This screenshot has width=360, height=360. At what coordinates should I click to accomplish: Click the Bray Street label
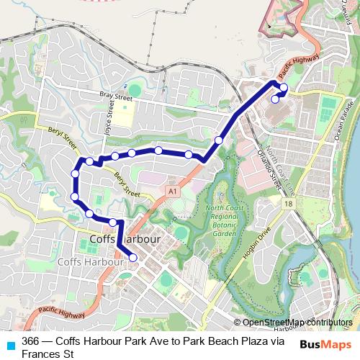[116, 96]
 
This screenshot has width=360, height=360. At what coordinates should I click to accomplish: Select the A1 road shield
[172, 192]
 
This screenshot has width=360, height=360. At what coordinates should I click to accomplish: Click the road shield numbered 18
[288, 204]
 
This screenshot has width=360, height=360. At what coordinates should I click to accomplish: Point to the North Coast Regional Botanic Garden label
[220, 220]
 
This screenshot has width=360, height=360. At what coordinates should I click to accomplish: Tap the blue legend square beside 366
[10, 344]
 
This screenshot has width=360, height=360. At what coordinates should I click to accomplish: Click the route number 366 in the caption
[31, 341]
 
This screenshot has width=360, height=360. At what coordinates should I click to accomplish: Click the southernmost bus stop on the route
[132, 257]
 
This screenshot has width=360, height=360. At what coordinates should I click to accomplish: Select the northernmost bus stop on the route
[283, 88]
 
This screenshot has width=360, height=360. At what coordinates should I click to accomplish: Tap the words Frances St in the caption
[48, 354]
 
